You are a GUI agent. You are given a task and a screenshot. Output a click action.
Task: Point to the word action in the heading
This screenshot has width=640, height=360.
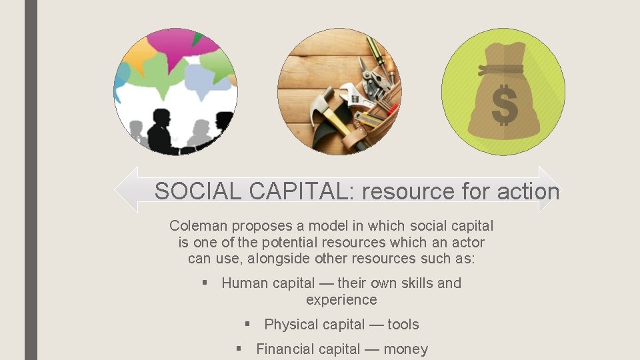(528, 192)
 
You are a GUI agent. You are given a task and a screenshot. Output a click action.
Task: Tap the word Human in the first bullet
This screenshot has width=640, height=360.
(243, 283)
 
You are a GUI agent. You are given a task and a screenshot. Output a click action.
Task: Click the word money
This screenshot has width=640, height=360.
(405, 349)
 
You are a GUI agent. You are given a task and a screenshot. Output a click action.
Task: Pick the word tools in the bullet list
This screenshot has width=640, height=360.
(403, 325)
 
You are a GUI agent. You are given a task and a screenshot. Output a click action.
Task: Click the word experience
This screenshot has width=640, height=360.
(341, 300)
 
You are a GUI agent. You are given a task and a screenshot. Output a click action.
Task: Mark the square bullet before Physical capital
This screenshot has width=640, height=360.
(247, 325)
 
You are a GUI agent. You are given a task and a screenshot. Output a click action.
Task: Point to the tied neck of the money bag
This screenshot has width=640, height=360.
(501, 69)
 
